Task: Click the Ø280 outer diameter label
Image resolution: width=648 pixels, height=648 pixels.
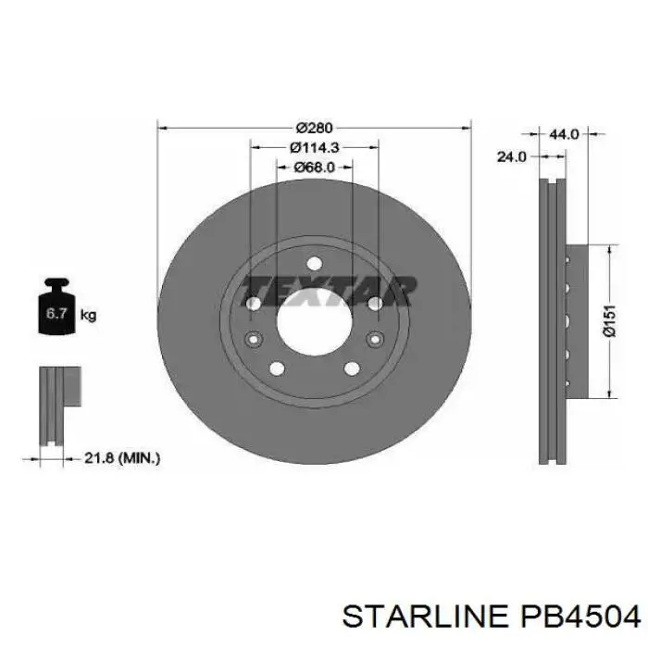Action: [314, 127]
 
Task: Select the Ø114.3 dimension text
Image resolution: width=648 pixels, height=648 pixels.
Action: [314, 147]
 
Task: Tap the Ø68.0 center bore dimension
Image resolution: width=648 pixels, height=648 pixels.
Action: [314, 168]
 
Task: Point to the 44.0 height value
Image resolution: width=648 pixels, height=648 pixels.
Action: [564, 134]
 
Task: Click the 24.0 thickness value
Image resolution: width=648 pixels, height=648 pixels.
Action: [511, 157]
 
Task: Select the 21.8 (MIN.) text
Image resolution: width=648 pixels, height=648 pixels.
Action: [122, 457]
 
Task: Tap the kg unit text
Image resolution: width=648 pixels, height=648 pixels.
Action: [89, 315]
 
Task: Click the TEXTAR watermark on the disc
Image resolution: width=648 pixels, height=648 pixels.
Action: [330, 291]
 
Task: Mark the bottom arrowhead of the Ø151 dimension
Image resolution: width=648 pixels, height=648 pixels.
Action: [609, 392]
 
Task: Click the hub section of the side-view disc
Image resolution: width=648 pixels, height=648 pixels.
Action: [575, 320]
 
